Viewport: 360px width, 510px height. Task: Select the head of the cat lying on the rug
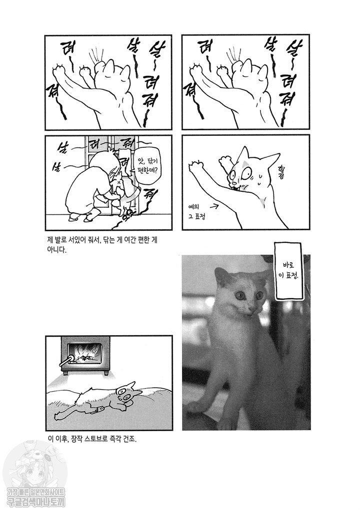(127, 394)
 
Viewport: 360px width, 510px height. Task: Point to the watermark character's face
(31, 472)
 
